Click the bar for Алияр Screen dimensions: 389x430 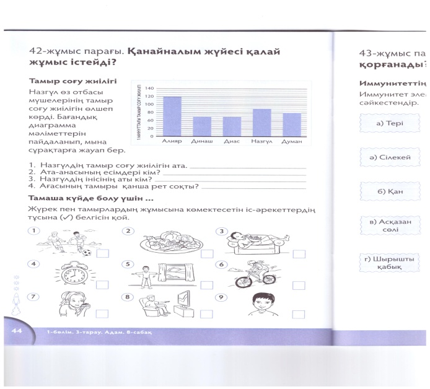click(172, 116)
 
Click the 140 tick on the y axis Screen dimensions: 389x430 click(149, 89)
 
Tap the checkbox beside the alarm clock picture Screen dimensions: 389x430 click(102, 284)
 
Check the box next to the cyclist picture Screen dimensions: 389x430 click(300, 284)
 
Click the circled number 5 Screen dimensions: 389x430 click(128, 264)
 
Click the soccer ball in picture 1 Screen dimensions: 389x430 click(87, 253)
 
